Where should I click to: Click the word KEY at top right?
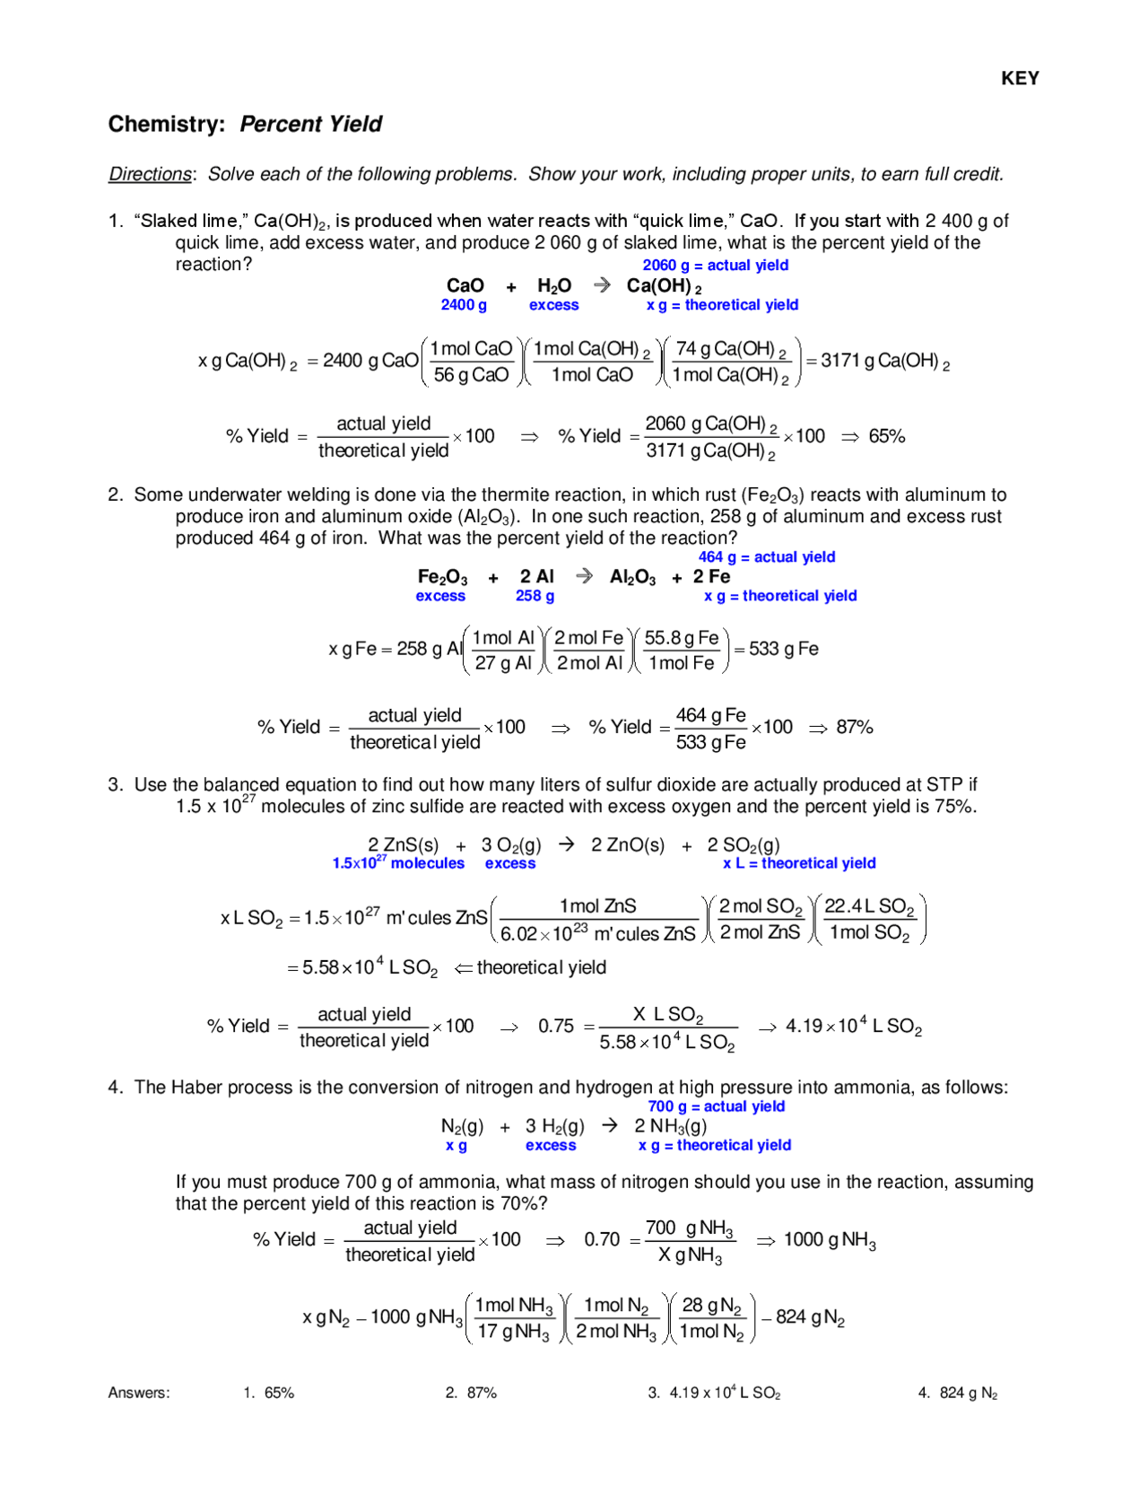[1020, 79]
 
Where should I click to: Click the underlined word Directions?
[150, 174]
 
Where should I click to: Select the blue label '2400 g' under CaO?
[464, 305]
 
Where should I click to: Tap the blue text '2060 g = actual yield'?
[715, 266]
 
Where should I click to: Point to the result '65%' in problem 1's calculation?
[886, 437]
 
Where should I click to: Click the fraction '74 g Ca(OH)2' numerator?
[731, 349]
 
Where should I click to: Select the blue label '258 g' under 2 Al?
[535, 596]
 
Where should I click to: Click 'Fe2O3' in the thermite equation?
[442, 577]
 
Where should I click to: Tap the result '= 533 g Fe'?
[776, 649]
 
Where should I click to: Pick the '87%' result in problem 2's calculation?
[854, 728]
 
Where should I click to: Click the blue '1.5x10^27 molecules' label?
[398, 863]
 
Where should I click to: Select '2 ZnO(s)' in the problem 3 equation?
[628, 845]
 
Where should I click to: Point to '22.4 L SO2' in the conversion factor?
[868, 907]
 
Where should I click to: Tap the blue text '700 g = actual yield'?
[716, 1106]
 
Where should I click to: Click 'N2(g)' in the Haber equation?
[462, 1126]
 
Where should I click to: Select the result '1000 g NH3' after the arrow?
[830, 1240]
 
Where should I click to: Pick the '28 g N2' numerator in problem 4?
[711, 1306]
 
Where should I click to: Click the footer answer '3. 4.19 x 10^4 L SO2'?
[714, 1393]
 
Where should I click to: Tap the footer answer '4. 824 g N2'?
[957, 1393]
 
